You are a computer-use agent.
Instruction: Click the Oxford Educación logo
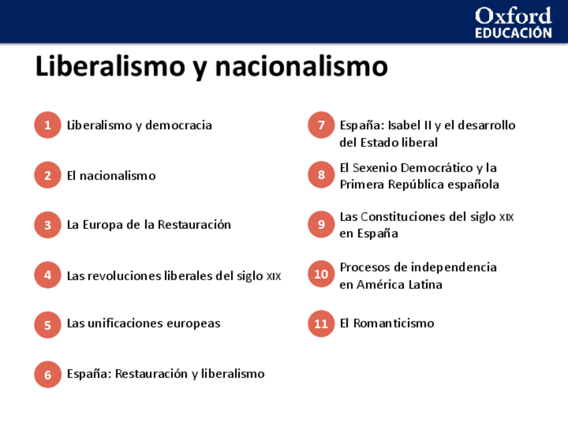pos(513,23)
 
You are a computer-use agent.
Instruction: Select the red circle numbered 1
pos(48,125)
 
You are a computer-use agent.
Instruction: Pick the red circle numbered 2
pos(48,175)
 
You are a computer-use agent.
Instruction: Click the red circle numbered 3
pos(48,225)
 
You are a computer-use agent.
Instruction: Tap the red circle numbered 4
pos(48,275)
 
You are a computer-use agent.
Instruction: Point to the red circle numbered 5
pos(48,325)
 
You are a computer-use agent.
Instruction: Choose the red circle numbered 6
pos(48,374)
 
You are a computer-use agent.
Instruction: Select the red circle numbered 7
pos(322,125)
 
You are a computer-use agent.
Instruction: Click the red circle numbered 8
pos(322,175)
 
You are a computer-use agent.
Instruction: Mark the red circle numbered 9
pos(322,224)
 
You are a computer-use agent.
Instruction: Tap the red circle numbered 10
pos(322,274)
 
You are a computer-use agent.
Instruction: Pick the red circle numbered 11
pos(322,324)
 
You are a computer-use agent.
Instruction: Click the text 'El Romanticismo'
pos(386,324)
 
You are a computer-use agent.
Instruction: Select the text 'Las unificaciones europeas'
pos(143,324)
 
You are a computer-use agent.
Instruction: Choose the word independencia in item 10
pos(453,267)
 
